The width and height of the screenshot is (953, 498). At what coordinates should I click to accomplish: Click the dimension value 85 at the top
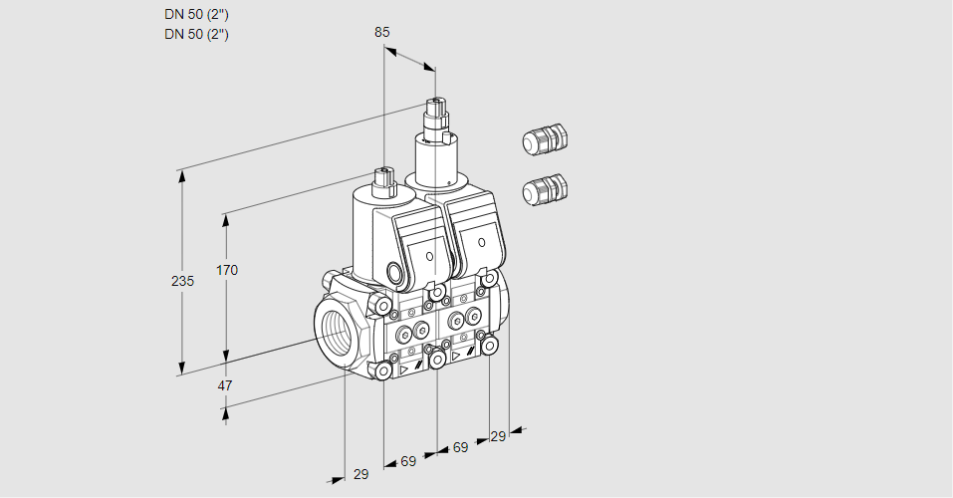(x=382, y=32)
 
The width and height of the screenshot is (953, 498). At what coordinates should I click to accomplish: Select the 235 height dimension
(x=182, y=282)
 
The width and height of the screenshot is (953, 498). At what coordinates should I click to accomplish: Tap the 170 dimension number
(x=228, y=270)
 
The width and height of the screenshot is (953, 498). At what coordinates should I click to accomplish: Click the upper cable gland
(x=544, y=140)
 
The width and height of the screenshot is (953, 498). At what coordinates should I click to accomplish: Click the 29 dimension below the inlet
(x=360, y=474)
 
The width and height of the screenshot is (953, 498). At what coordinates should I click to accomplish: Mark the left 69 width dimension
(x=408, y=461)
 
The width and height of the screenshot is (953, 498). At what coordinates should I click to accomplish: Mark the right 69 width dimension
(x=460, y=447)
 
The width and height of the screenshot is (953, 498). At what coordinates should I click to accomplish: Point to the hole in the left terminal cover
(x=430, y=256)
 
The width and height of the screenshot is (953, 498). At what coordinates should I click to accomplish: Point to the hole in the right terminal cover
(x=481, y=242)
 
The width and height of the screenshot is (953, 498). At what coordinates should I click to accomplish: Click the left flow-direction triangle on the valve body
(x=404, y=368)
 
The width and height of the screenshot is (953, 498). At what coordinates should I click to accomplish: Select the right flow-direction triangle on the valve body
(x=456, y=354)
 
